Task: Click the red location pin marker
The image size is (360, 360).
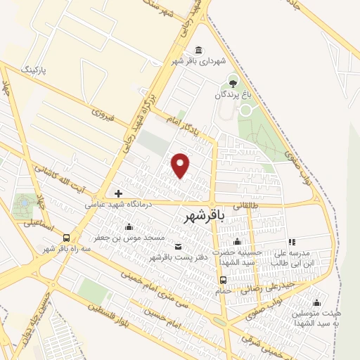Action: tap(181, 165)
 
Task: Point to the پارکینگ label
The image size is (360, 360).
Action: tap(37, 71)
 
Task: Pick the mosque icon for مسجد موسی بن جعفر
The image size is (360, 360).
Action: tap(129, 227)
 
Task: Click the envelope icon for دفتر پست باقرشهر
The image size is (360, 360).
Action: tap(177, 246)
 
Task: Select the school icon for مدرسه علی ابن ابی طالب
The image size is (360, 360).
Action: tap(292, 243)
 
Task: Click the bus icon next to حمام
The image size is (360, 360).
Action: tap(223, 279)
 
